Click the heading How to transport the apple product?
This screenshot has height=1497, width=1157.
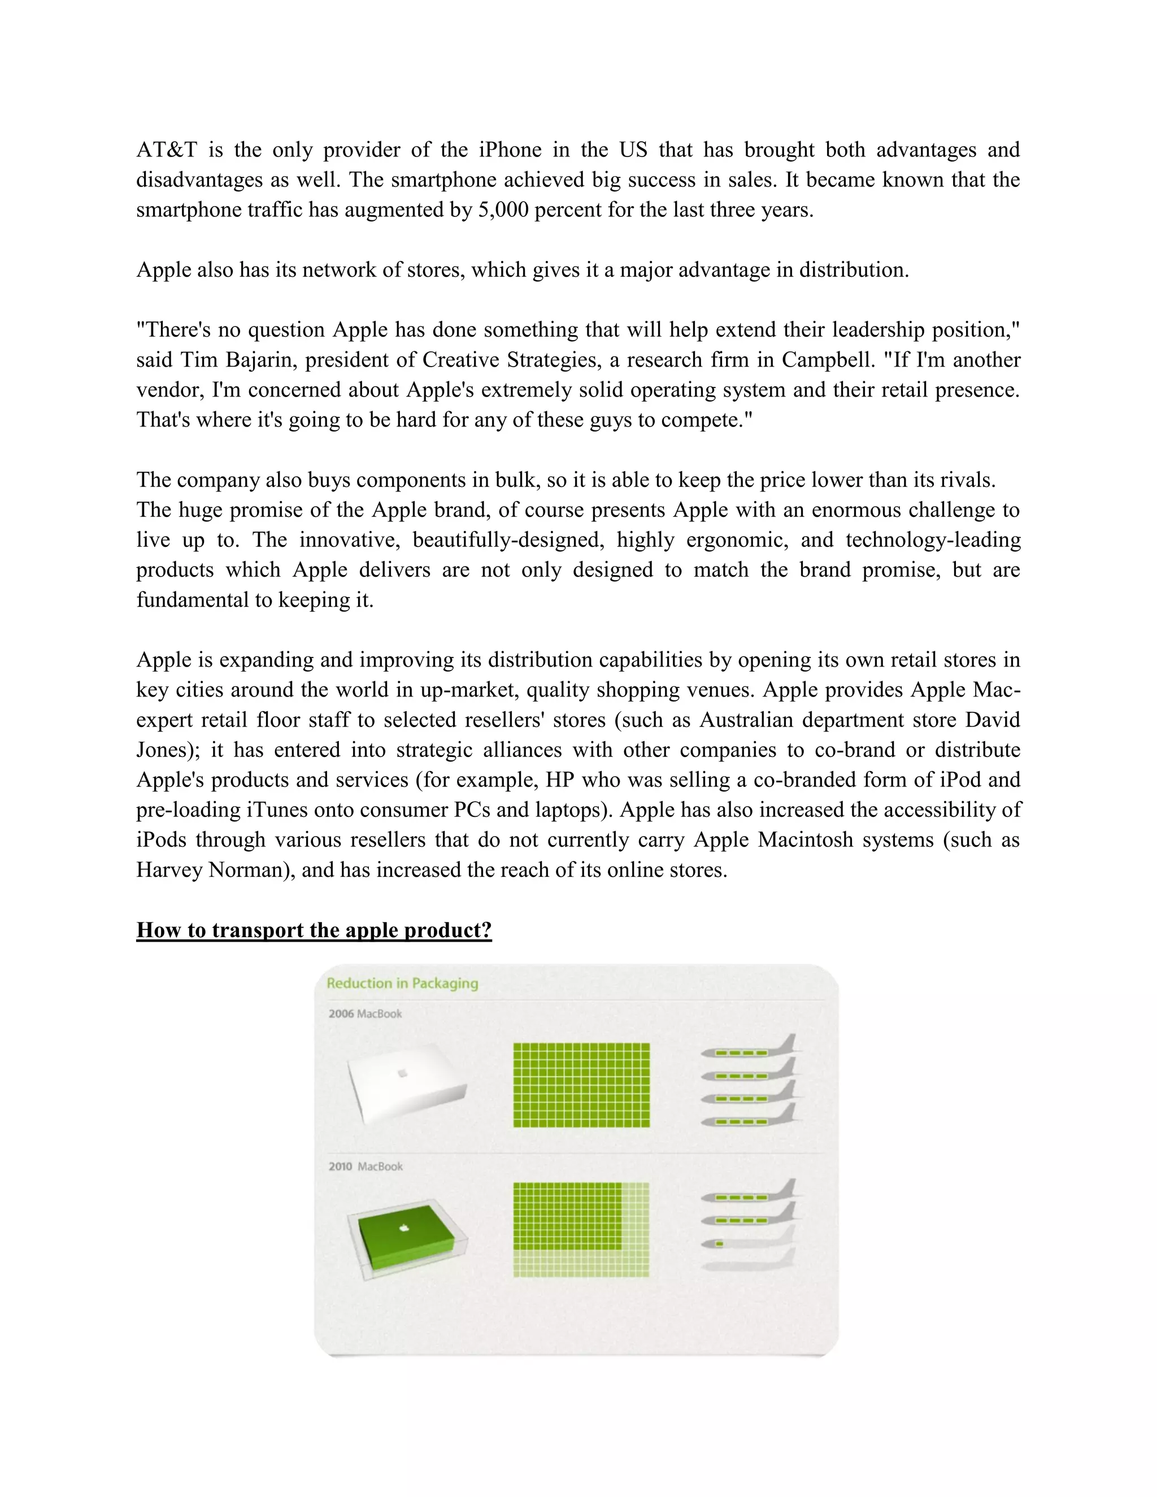[x=314, y=930]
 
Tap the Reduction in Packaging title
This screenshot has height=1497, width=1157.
[x=402, y=983]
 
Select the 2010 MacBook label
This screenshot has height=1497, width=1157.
[x=366, y=1167]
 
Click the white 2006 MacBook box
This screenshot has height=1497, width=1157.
[x=406, y=1083]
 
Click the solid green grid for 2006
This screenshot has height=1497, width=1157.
[x=581, y=1085]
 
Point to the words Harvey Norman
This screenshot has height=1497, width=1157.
[x=209, y=870]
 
